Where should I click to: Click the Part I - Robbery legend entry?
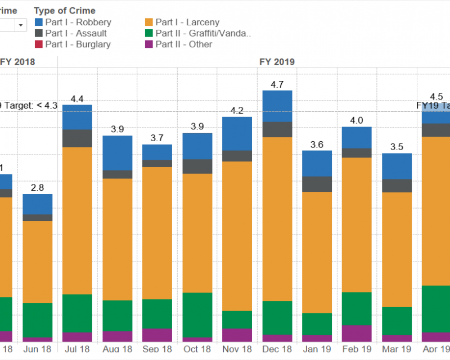(78, 22)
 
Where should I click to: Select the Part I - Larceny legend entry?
(187, 22)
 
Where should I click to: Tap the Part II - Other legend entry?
(183, 44)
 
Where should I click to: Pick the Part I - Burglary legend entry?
(78, 44)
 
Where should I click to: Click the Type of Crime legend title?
(65, 11)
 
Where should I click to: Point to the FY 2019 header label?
(277, 62)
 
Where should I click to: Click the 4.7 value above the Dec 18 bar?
(277, 85)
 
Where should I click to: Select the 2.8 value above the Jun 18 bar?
(38, 188)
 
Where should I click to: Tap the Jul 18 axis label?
(77, 349)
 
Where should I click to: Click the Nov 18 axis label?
(237, 349)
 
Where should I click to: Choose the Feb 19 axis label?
(357, 349)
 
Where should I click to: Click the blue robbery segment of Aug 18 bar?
(117, 153)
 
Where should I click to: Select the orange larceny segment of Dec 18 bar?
(277, 219)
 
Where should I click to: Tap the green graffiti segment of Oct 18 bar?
(197, 314)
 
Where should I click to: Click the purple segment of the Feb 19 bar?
(357, 333)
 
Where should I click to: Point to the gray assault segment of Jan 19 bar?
(317, 184)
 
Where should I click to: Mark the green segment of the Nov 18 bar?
(237, 319)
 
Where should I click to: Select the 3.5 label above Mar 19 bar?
(397, 147)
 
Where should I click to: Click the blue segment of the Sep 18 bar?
(157, 152)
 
